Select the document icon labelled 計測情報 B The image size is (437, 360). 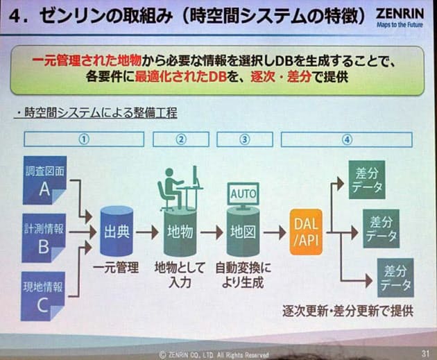click(44, 238)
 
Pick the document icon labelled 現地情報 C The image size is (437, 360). click(44, 295)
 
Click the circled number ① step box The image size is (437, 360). click(84, 139)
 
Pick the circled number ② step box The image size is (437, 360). click(182, 139)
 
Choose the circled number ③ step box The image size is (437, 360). click(243, 139)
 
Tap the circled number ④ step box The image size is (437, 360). click(347, 139)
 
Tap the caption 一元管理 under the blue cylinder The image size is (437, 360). click(117, 267)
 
